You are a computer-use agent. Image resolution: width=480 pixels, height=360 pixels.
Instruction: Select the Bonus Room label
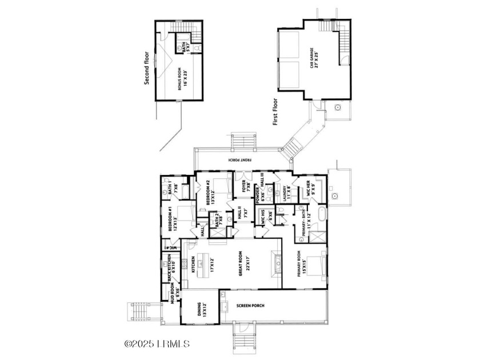point(182,79)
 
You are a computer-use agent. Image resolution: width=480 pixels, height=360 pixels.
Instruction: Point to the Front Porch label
point(234,160)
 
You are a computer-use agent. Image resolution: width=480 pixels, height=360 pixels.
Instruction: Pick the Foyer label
point(243,187)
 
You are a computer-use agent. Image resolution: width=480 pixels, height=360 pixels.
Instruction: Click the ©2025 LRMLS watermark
point(157,344)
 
